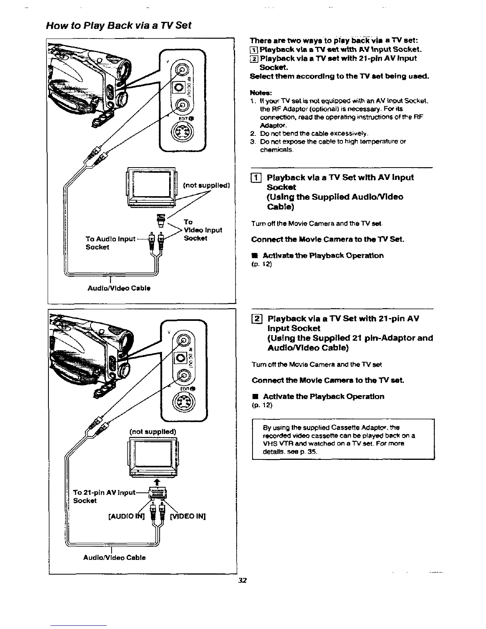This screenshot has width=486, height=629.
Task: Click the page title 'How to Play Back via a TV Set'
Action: (119, 25)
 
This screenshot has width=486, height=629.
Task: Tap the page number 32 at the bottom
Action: (242, 580)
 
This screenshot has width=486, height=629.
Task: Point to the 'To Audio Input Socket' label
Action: (111, 243)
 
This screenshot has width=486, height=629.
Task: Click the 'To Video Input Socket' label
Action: (202, 230)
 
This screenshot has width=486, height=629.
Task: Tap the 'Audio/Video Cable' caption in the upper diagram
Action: (119, 288)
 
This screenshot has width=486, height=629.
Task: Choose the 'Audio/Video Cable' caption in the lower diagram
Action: (114, 557)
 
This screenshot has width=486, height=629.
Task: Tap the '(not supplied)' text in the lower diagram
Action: (152, 431)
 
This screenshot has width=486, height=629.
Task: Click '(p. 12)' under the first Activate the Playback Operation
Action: (262, 264)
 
